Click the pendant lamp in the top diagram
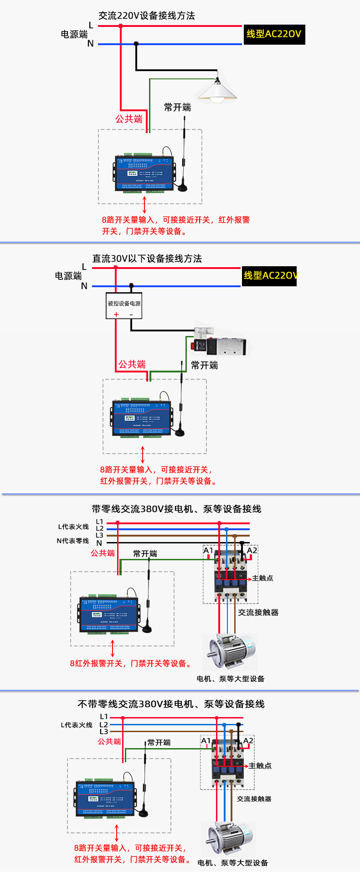point(217,89)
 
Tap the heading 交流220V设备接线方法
point(147,16)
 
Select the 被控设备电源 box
point(124,305)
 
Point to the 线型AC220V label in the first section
point(274,34)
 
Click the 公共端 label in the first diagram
point(129,119)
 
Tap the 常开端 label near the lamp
point(177,108)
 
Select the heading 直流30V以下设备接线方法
point(147,258)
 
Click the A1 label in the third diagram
point(208,551)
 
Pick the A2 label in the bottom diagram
point(248,741)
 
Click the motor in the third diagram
point(230,652)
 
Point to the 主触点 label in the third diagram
point(262,578)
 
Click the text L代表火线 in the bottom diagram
point(77,725)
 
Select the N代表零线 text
point(73,541)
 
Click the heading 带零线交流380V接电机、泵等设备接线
point(176,509)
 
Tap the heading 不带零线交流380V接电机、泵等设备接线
point(171,704)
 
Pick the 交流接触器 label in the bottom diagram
point(254,799)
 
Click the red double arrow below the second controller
point(143,455)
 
